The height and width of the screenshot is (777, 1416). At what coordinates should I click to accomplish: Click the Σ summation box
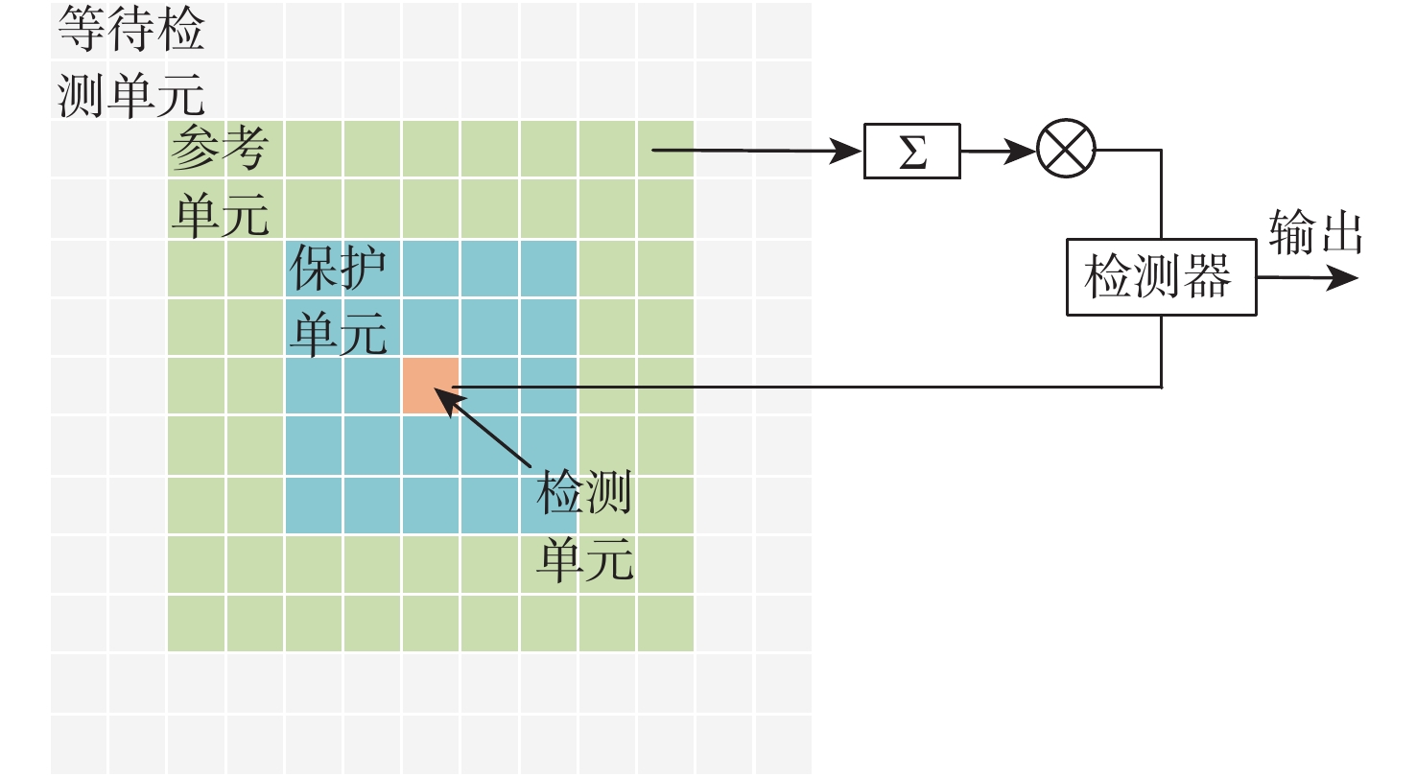[911, 152]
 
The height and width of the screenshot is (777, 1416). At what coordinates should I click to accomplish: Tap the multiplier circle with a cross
[1066, 151]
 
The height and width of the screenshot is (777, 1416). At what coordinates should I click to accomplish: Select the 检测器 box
[1161, 278]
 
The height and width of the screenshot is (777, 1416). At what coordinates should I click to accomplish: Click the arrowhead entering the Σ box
[848, 151]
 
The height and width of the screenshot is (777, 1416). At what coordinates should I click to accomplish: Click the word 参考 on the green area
[218, 150]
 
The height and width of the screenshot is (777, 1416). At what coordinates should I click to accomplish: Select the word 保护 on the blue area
[338, 271]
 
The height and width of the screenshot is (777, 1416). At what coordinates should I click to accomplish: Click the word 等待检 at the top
[131, 31]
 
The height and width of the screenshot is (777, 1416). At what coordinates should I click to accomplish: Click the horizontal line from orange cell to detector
[806, 388]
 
